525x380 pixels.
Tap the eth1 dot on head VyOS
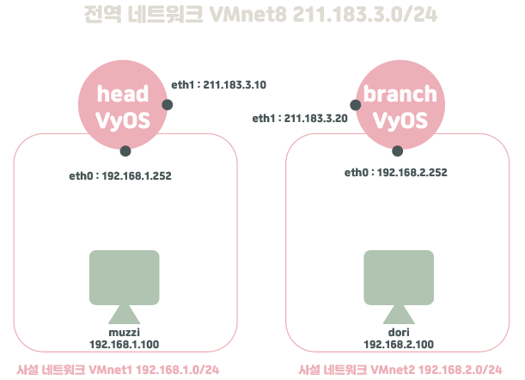[x=168, y=104]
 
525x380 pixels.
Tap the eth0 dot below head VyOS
[x=125, y=151]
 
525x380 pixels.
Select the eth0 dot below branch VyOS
[x=397, y=151]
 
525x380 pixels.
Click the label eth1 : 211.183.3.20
[x=299, y=119]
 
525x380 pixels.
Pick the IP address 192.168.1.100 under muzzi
[x=124, y=343]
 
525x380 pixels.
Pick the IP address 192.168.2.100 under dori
[x=398, y=343]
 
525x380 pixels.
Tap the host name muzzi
[x=124, y=332]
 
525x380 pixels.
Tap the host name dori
[x=398, y=332]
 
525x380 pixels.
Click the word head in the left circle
[x=123, y=95]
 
